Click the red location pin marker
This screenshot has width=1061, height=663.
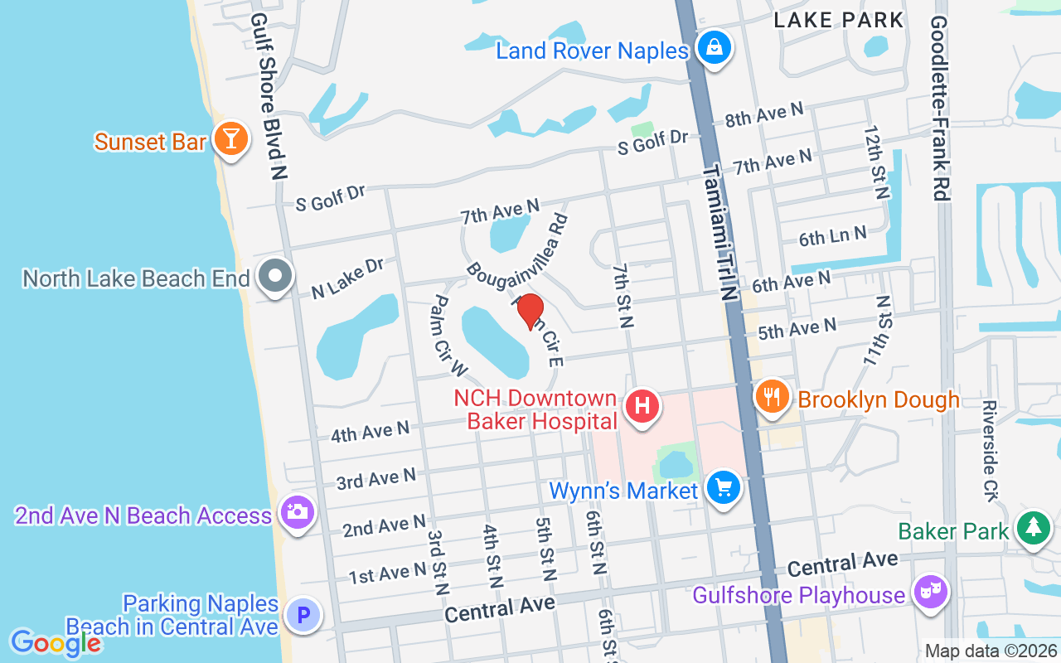coord(530,312)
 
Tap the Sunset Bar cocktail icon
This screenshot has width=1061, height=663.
coord(230,138)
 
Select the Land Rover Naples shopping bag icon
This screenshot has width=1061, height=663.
coord(713,48)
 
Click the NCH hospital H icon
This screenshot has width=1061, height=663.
coord(642,406)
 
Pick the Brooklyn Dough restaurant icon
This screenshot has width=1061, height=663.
coord(772,395)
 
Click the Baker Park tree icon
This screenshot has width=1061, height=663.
coord(1033,528)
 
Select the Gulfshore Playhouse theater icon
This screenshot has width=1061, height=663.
coord(930,592)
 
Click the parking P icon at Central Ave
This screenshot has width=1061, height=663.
coord(303,616)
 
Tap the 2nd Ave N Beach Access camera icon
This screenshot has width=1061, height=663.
coord(296,512)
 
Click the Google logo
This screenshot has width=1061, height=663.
coord(56,643)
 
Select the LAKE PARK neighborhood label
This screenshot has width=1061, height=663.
coord(838,20)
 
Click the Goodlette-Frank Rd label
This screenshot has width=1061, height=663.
coord(939,108)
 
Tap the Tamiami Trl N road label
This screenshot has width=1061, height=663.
coord(719,232)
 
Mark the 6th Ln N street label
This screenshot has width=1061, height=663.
coord(832,237)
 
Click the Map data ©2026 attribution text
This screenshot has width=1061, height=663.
coord(991,651)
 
